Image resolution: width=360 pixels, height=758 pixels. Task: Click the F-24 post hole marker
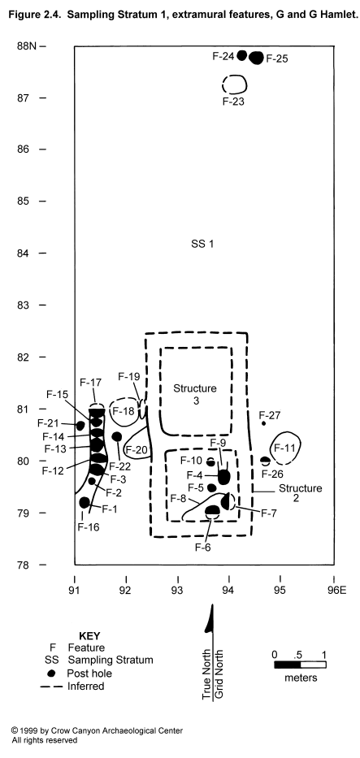point(242,54)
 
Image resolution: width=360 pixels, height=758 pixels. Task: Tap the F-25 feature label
point(277,59)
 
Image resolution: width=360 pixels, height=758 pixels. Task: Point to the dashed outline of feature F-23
point(234,84)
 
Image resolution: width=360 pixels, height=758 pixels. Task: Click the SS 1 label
point(202,244)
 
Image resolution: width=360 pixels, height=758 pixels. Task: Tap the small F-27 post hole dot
point(263,423)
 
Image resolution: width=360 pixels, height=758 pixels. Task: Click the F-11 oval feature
point(285,448)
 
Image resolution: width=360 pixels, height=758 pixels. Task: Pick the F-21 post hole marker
point(80,426)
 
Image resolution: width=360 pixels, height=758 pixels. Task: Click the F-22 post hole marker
point(116,436)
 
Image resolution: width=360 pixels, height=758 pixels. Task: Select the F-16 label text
point(89,527)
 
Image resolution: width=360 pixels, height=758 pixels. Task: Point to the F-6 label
point(203,548)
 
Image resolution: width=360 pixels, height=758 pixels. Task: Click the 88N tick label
point(28,46)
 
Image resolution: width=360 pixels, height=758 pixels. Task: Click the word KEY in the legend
point(89,636)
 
